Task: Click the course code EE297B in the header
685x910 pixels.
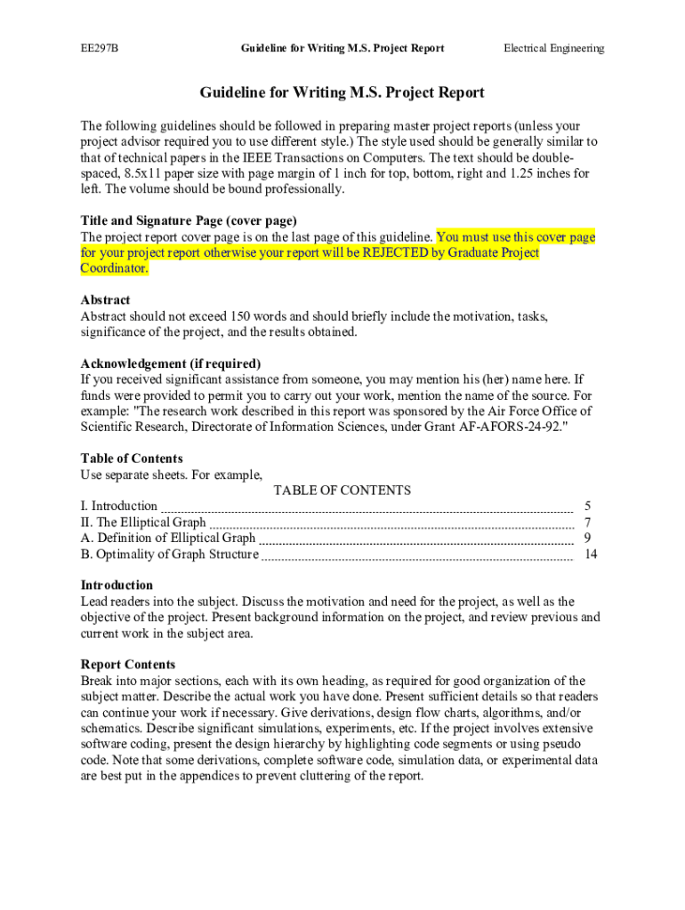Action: [99, 48]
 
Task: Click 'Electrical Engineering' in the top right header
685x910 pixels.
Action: [553, 48]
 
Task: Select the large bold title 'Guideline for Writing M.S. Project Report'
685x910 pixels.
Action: [342, 92]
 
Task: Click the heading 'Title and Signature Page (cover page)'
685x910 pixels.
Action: [189, 220]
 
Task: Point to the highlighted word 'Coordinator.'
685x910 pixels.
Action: [115, 268]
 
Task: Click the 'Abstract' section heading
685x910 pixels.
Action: [105, 300]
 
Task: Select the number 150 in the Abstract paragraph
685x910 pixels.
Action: [242, 316]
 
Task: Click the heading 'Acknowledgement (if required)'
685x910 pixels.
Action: [171, 363]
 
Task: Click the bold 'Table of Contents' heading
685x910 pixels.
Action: [132, 459]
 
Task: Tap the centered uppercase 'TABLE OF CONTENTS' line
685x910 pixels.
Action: [342, 491]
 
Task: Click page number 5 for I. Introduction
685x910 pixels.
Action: [587, 507]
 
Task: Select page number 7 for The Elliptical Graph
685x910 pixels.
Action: [587, 523]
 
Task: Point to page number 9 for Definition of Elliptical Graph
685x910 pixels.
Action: [587, 539]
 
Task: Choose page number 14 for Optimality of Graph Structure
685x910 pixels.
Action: [591, 555]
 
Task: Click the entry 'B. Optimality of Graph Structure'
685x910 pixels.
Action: [169, 555]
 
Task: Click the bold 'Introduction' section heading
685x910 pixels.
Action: [117, 586]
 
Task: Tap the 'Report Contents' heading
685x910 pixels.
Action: [127, 665]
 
